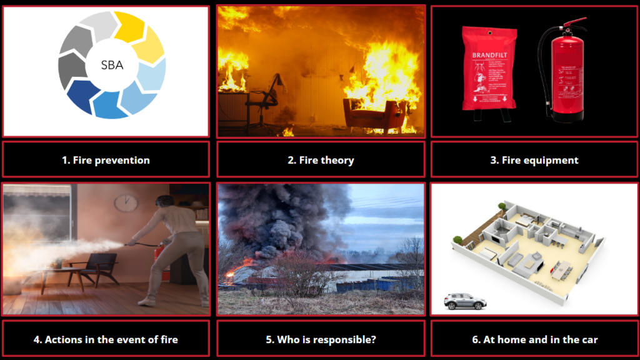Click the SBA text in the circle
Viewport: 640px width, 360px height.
(112, 65)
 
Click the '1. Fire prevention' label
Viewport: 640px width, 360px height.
(106, 160)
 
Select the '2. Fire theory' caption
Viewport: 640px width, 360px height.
(321, 160)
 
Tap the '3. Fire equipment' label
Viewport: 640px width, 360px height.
(534, 160)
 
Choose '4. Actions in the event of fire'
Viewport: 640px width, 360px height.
(106, 340)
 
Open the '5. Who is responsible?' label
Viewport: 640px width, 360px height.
(321, 340)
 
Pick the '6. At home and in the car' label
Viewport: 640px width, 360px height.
(534, 340)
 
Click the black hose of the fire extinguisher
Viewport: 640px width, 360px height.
(544, 75)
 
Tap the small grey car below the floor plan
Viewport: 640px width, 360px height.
(465, 301)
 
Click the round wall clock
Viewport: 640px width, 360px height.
(126, 202)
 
